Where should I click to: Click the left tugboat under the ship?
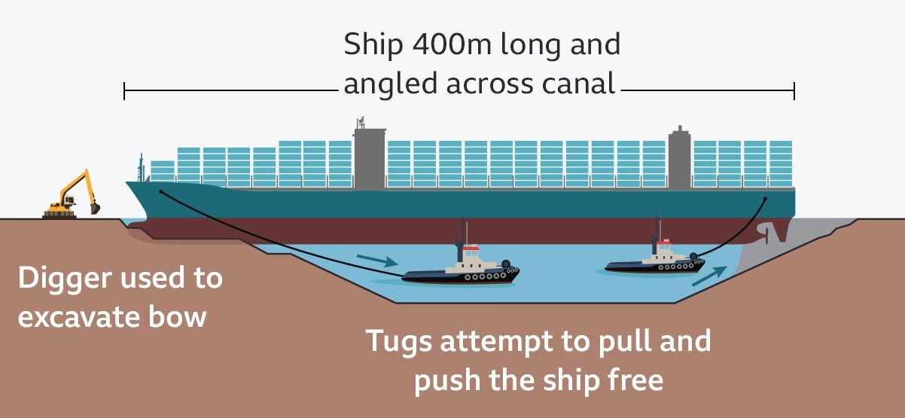click(461, 269)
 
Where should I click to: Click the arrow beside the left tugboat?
click(376, 261)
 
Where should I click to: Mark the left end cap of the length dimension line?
click(124, 93)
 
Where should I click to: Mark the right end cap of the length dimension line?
click(794, 92)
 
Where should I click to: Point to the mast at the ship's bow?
click(140, 167)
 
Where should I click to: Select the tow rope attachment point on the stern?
click(765, 200)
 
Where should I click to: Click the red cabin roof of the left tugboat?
click(471, 248)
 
